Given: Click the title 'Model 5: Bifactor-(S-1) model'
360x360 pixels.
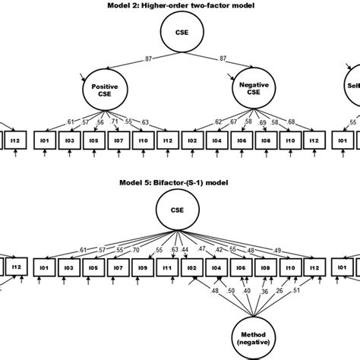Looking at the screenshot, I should [179, 183].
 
